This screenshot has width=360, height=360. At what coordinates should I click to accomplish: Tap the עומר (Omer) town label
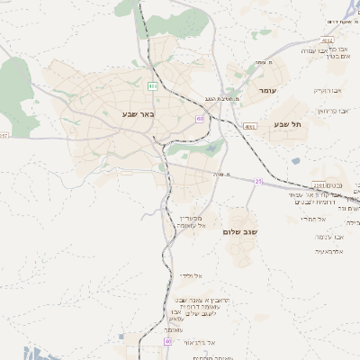268,91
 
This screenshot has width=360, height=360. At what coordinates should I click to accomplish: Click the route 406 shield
153,86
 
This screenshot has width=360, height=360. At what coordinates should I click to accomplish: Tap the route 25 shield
259,181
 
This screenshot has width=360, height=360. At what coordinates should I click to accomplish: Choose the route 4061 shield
249,127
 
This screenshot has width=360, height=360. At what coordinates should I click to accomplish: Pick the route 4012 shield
327,40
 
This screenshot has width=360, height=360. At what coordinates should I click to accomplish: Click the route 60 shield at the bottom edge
167,342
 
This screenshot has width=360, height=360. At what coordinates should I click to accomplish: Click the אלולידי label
192,275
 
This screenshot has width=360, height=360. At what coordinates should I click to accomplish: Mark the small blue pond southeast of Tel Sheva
296,161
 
